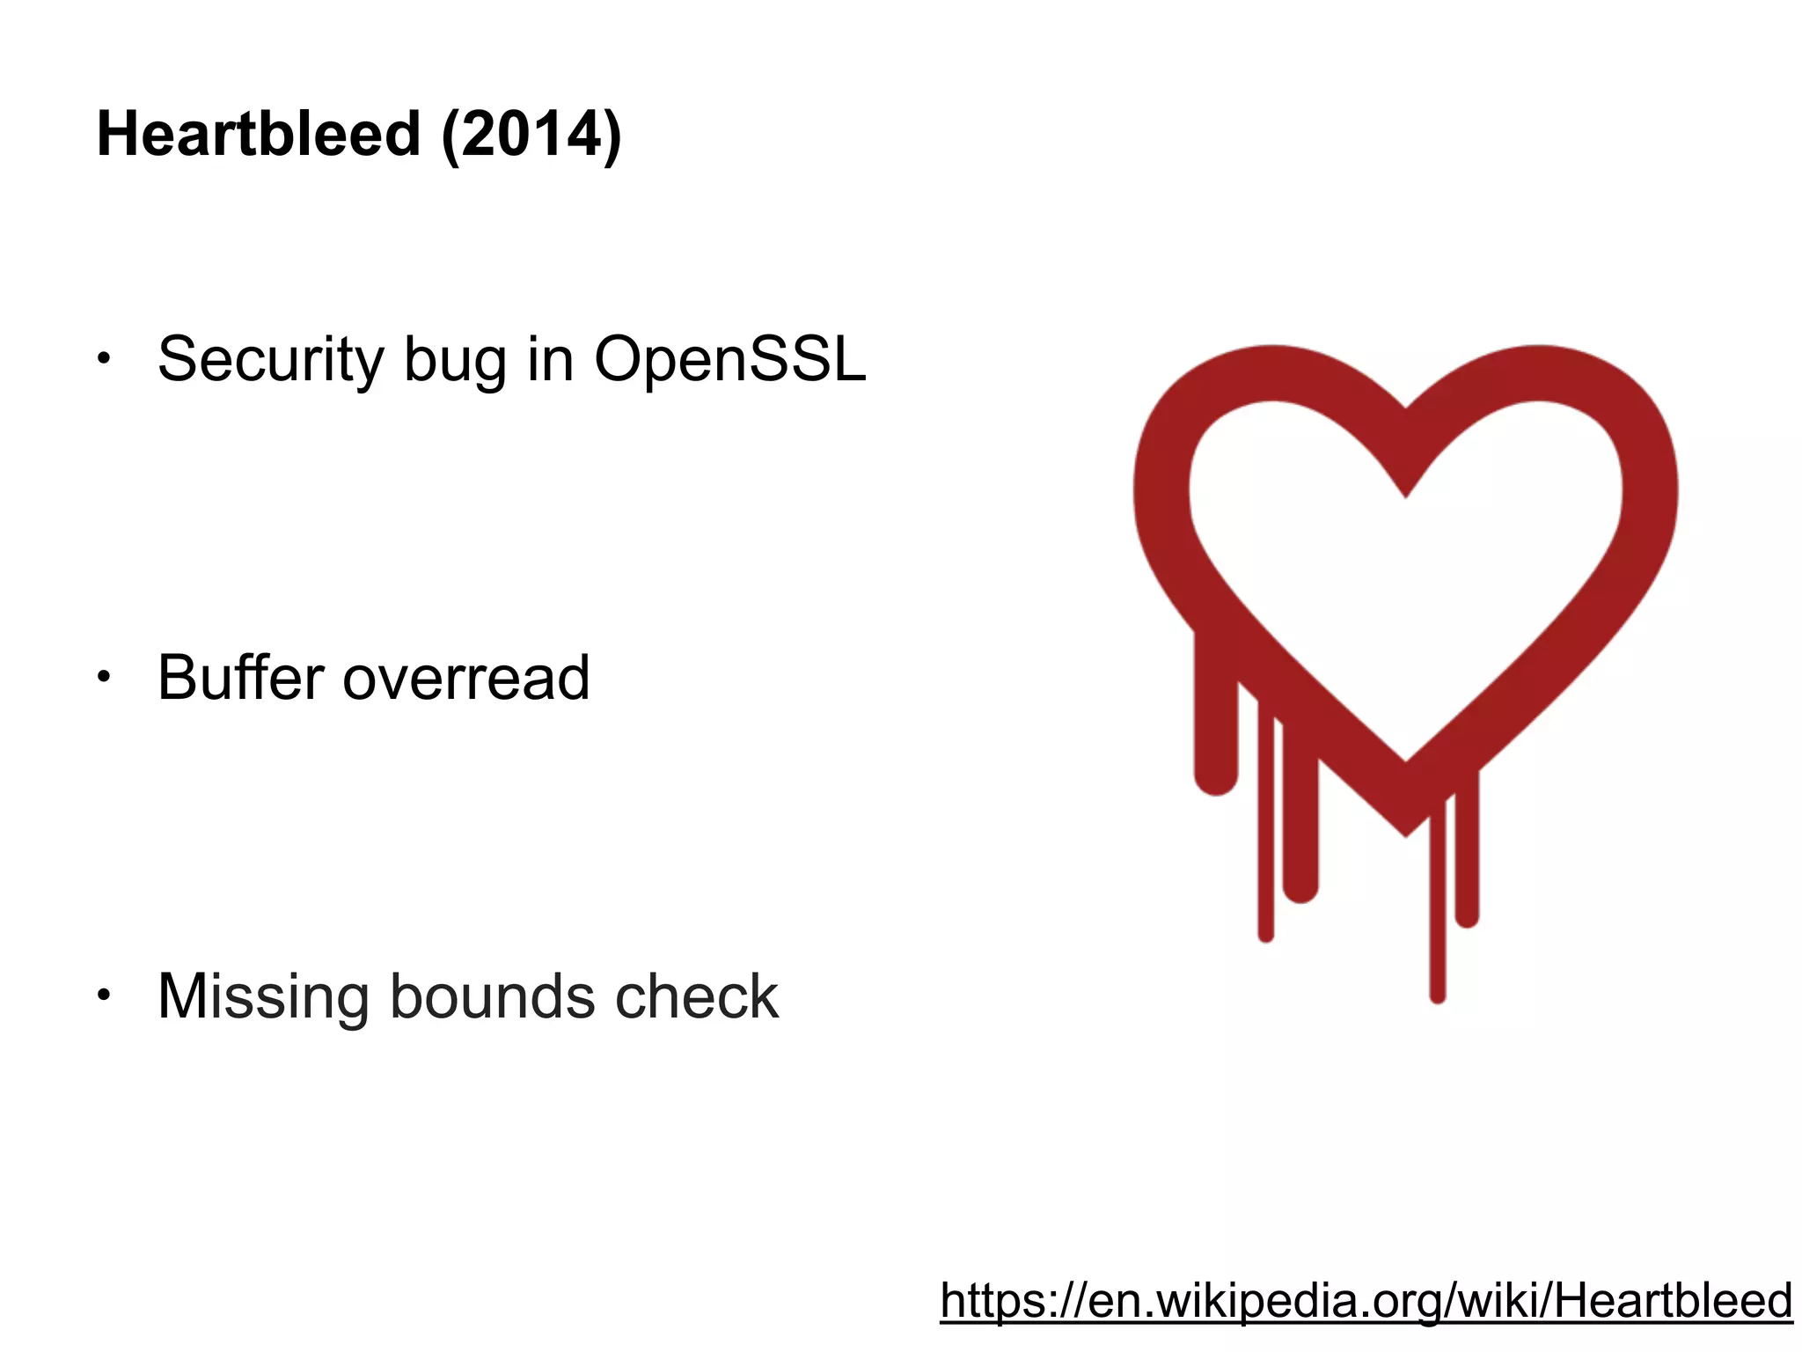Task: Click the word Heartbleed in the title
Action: point(259,135)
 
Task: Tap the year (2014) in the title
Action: point(531,135)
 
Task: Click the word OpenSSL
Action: point(730,360)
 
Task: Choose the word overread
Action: point(466,680)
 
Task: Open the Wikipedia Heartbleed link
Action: point(1366,1300)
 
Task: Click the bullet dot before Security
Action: point(104,358)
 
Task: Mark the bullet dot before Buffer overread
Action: point(104,677)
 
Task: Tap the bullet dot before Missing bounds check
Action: point(104,996)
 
